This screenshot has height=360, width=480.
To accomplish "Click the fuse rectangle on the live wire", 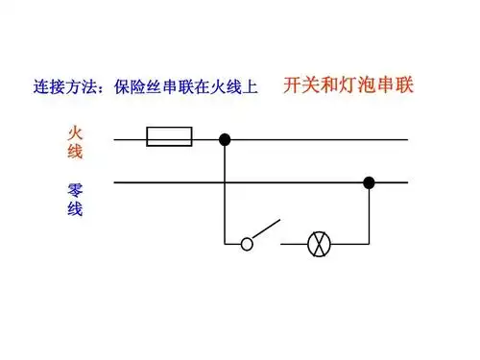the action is [169, 139].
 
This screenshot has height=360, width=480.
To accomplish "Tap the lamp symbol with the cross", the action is [319, 244].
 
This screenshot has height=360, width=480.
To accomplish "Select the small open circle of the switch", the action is [247, 244].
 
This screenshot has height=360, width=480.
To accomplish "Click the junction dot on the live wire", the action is [225, 139].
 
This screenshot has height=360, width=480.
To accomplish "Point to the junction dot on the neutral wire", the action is [369, 181].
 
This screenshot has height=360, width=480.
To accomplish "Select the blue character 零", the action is [75, 187].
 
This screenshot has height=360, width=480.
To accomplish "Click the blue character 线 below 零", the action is [75, 208].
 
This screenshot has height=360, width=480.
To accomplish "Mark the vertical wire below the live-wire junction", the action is [225, 192].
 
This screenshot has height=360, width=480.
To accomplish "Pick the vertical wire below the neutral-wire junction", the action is [369, 213].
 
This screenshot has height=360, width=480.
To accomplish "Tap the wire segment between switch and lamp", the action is [294, 244].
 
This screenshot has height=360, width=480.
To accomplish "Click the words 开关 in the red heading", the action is [300, 84].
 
